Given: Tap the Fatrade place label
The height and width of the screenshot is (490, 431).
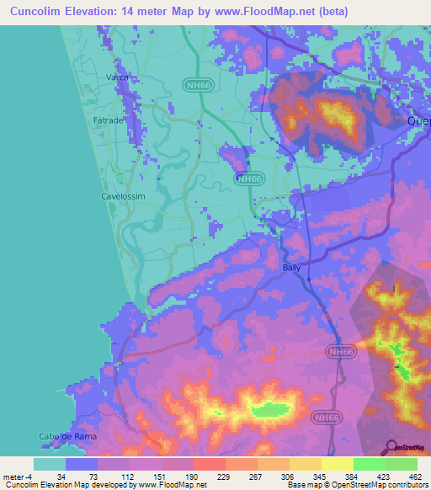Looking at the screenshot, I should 111,121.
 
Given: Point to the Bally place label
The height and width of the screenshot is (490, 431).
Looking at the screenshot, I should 291,268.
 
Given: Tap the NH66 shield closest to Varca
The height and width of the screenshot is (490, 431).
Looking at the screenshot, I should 196,84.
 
